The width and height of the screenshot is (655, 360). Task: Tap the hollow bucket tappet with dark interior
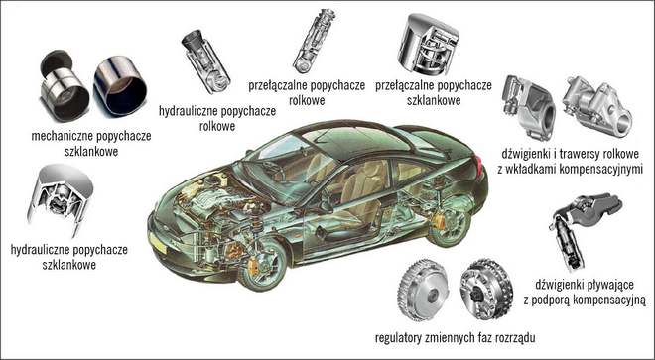point(120,85)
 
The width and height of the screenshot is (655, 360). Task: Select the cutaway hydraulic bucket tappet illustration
point(61,199)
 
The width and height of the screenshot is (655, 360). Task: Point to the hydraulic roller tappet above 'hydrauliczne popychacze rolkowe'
point(206,61)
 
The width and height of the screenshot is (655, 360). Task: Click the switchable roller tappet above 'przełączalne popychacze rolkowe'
point(314,41)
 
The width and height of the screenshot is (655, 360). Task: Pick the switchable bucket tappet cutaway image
point(429,45)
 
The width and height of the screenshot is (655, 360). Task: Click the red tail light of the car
point(478,166)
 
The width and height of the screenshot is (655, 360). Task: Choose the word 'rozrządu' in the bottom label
point(515,337)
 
